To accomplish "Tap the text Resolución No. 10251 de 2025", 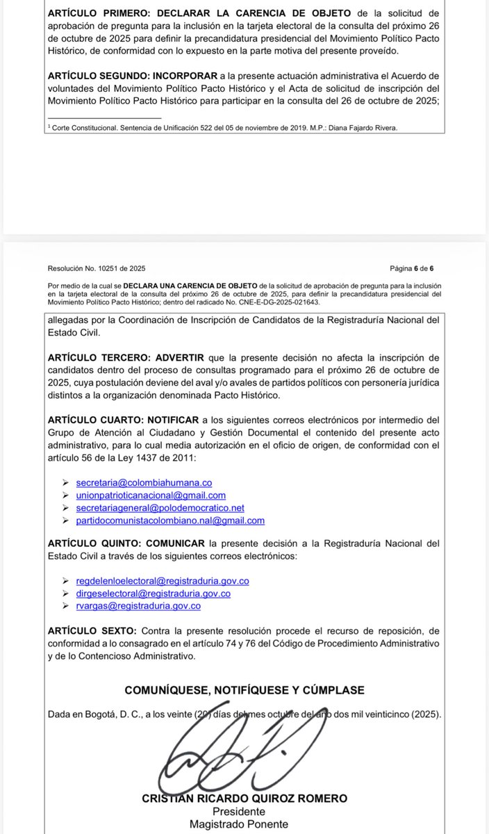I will tap(97, 268).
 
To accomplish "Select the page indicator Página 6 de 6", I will tap(412, 268).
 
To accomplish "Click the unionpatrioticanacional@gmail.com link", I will tap(151, 495).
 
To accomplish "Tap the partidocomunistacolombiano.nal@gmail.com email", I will tap(170, 520).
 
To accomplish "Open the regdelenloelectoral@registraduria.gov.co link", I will tap(163, 580).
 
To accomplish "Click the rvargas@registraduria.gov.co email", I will tap(138, 605).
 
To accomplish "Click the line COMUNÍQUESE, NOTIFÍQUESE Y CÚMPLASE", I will tap(244, 689).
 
